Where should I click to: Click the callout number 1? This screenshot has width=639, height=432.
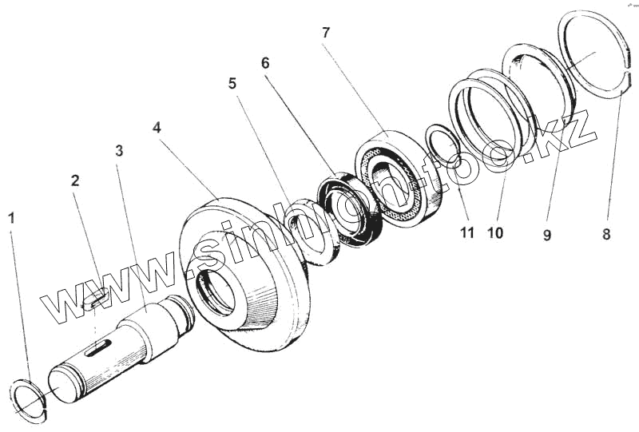(11, 217)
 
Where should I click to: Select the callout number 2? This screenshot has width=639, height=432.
(75, 180)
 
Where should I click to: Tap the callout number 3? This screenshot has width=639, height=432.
(119, 150)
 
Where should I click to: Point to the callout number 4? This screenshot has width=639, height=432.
(157, 127)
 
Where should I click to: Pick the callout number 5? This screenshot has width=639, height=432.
(232, 83)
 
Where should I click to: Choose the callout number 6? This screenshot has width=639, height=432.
(265, 62)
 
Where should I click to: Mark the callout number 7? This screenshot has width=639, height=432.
(325, 33)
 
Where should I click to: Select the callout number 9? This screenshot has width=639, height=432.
(547, 235)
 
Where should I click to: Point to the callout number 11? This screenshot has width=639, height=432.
(466, 233)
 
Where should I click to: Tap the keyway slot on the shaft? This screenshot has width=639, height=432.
(98, 346)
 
